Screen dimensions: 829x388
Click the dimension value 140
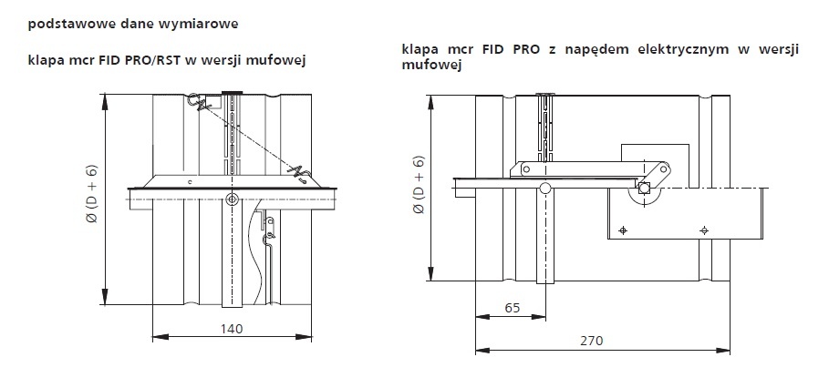click(x=232, y=329)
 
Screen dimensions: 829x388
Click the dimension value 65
click(x=513, y=308)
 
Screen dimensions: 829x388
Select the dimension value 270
click(x=591, y=341)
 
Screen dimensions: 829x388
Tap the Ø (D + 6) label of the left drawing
click(x=93, y=194)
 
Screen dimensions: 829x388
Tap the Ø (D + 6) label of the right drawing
click(x=420, y=184)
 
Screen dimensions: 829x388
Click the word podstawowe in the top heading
click(x=57, y=25)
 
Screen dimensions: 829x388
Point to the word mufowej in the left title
click(x=285, y=60)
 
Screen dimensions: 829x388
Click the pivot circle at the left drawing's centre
click(x=232, y=199)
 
